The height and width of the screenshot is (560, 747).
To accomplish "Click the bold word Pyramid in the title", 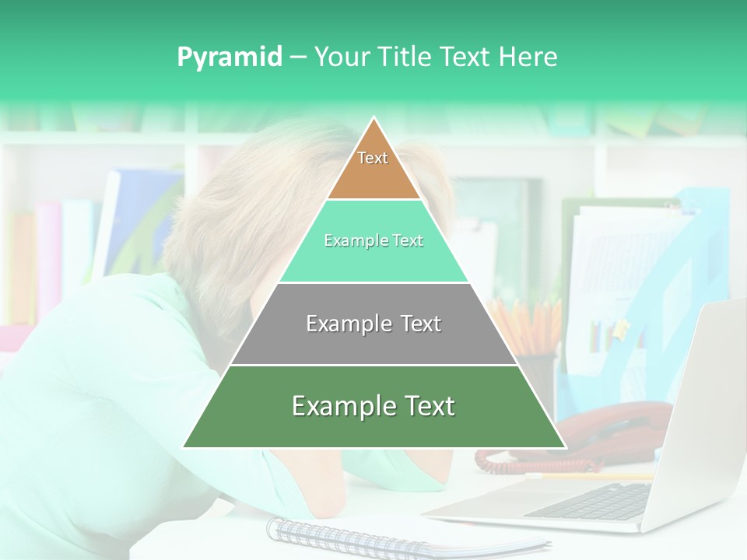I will click(230, 58).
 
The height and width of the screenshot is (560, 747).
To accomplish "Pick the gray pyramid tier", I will click(373, 342).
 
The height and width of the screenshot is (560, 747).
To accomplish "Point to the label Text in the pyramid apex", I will click(373, 158).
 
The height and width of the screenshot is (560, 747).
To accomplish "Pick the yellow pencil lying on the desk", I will click(591, 475).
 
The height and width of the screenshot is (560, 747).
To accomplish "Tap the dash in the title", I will click(298, 58).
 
